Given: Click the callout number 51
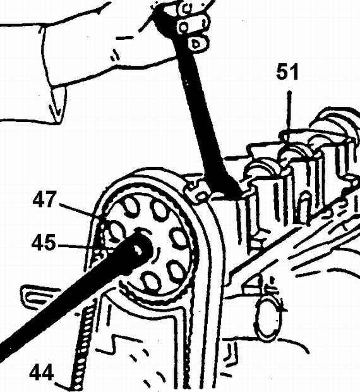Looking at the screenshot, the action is pyautogui.click(x=287, y=71).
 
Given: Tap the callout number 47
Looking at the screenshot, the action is pyautogui.click(x=43, y=199).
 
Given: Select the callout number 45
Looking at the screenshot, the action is pyautogui.click(x=44, y=242).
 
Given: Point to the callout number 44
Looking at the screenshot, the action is pyautogui.click(x=41, y=372).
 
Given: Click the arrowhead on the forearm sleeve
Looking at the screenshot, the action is pyautogui.click(x=56, y=110).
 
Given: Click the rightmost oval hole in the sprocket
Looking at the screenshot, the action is pyautogui.click(x=178, y=238).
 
